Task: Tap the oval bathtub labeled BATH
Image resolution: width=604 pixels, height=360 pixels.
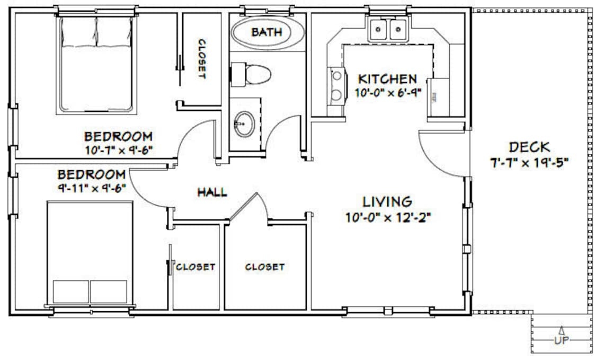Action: tap(267, 33)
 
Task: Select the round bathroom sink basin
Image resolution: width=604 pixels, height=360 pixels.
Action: tap(244, 124)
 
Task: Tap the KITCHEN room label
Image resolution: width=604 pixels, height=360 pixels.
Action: tap(387, 80)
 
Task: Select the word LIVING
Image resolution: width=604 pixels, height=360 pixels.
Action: tap(387, 202)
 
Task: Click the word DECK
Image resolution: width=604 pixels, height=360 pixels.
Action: tap(529, 147)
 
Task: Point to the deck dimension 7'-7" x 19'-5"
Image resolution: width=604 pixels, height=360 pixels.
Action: tap(529, 162)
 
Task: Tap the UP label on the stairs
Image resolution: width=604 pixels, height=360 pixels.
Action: tap(561, 340)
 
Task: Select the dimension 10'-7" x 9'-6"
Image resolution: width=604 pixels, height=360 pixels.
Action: tap(119, 150)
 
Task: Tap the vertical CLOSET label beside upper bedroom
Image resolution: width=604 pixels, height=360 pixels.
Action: tap(201, 59)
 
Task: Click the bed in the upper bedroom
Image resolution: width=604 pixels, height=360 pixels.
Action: tap(96, 65)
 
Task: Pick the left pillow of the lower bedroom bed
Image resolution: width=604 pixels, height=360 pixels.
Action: tap(71, 292)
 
